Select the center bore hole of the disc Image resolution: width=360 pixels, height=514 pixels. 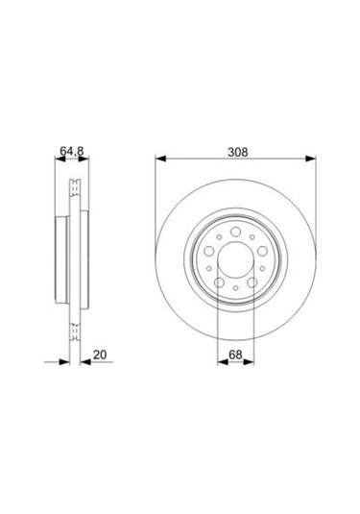click(236, 258)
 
